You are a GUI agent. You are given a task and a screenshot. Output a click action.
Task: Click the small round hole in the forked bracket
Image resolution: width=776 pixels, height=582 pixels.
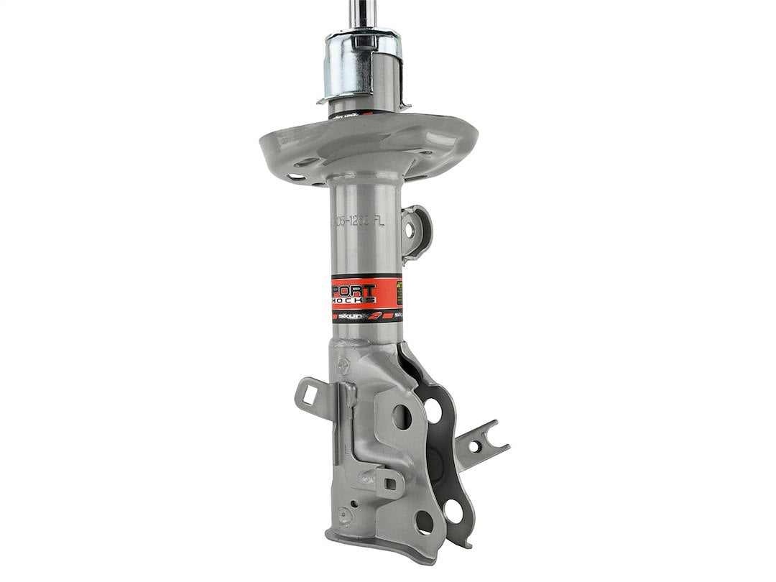coord(474,446)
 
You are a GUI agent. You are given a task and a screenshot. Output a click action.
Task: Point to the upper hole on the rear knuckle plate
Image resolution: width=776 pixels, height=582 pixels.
coord(433,410)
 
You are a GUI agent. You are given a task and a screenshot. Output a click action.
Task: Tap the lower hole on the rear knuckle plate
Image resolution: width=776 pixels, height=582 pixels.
coord(453,511)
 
